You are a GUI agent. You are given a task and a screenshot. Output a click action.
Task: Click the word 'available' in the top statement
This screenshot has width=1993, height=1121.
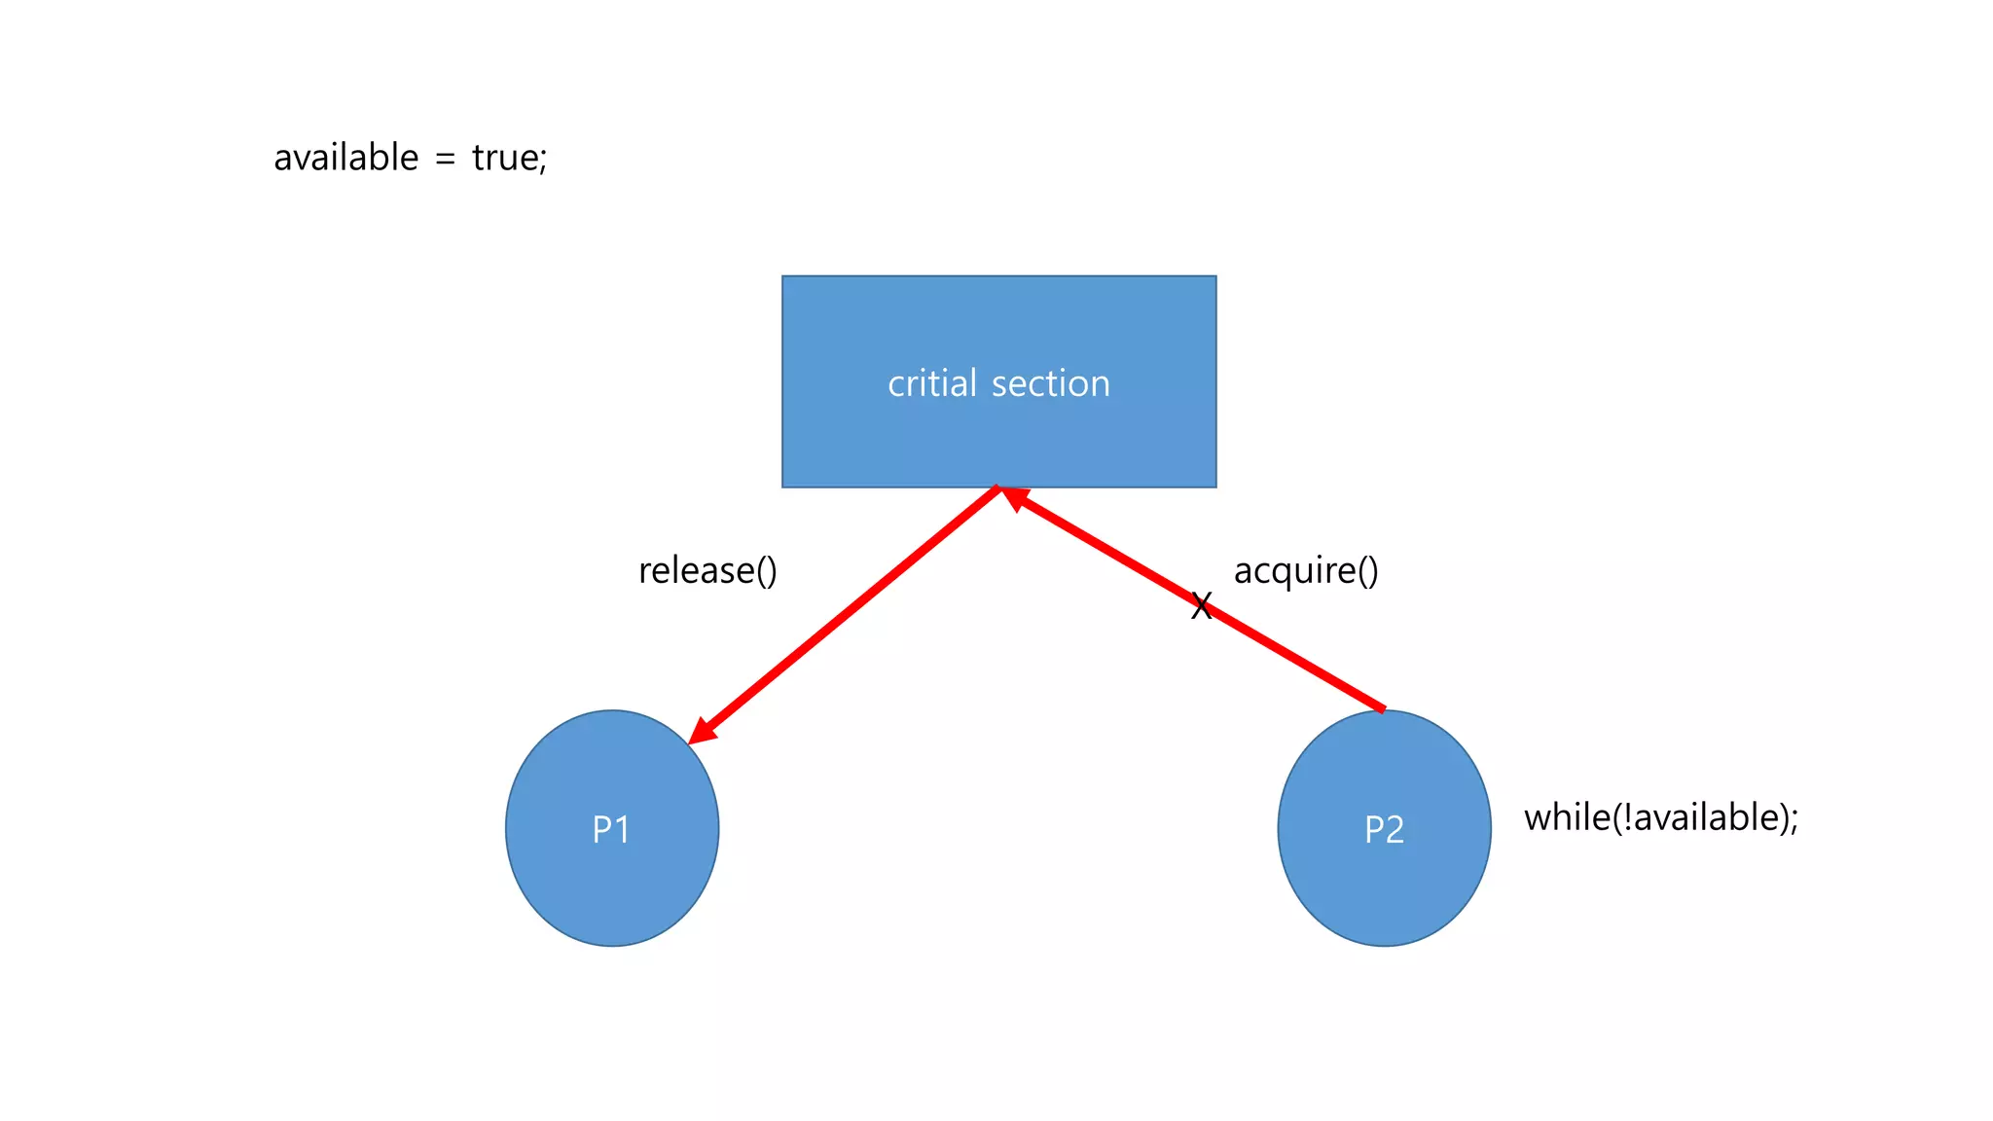pyautogui.click(x=345, y=158)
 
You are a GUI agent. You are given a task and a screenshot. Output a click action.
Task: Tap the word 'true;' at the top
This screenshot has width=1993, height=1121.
pyautogui.click(x=509, y=158)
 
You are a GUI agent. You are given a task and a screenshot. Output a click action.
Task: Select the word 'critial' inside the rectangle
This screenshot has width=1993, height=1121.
pyautogui.click(x=931, y=383)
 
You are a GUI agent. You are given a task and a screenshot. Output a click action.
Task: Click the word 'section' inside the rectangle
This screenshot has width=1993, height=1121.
pyautogui.click(x=1050, y=383)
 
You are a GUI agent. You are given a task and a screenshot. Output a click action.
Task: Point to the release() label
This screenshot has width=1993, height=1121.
pyautogui.click(x=707, y=571)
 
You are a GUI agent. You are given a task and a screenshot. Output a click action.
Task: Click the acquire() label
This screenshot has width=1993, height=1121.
pyautogui.click(x=1306, y=571)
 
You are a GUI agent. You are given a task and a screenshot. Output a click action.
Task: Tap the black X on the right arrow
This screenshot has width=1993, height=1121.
pyautogui.click(x=1202, y=606)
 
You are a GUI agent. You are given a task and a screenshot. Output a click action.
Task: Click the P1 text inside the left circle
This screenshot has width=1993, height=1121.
pyautogui.click(x=611, y=830)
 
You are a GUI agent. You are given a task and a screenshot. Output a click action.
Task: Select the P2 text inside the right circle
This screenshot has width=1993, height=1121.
pyautogui.click(x=1384, y=830)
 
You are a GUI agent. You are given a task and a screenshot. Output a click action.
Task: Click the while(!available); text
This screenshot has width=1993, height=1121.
pyautogui.click(x=1660, y=817)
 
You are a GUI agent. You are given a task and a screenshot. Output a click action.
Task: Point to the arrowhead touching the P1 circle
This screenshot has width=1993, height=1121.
pyautogui.click(x=701, y=733)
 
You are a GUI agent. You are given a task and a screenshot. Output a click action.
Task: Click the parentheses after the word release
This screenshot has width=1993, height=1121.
pyautogui.click(x=766, y=571)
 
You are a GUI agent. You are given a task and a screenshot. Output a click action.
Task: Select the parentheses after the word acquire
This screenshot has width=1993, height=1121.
pyautogui.click(x=1367, y=571)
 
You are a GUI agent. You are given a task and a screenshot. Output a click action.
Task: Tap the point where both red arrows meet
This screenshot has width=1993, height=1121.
pyautogui.click(x=999, y=488)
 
